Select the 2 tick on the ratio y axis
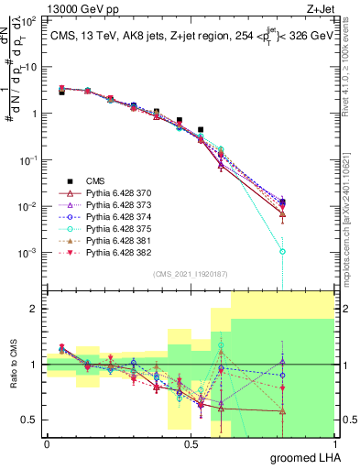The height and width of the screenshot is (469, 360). [x=36, y=309]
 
